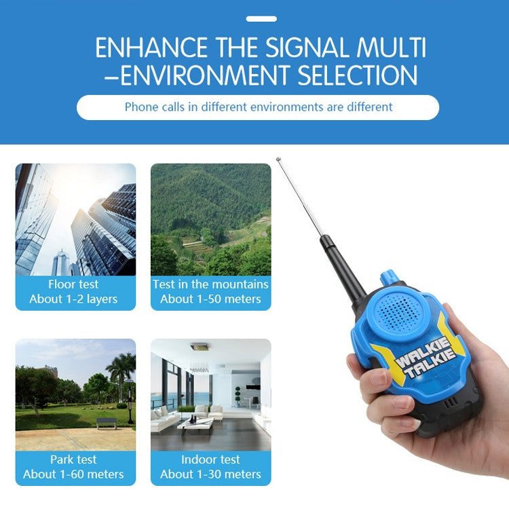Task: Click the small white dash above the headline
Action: tap(261, 19)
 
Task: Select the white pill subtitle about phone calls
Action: tap(258, 107)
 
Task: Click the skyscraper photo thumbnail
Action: tap(75, 219)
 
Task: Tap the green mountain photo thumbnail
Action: tap(210, 219)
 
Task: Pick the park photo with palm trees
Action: tap(75, 394)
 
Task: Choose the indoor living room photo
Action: tap(210, 394)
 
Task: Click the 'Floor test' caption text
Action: tap(73, 284)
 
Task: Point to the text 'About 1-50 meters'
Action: tap(210, 299)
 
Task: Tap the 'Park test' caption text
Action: tap(73, 459)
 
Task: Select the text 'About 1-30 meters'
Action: tap(210, 474)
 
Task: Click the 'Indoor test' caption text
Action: tap(210, 459)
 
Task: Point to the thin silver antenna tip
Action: tap(279, 161)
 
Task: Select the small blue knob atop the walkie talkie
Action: tap(390, 277)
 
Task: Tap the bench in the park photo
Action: tap(106, 422)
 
